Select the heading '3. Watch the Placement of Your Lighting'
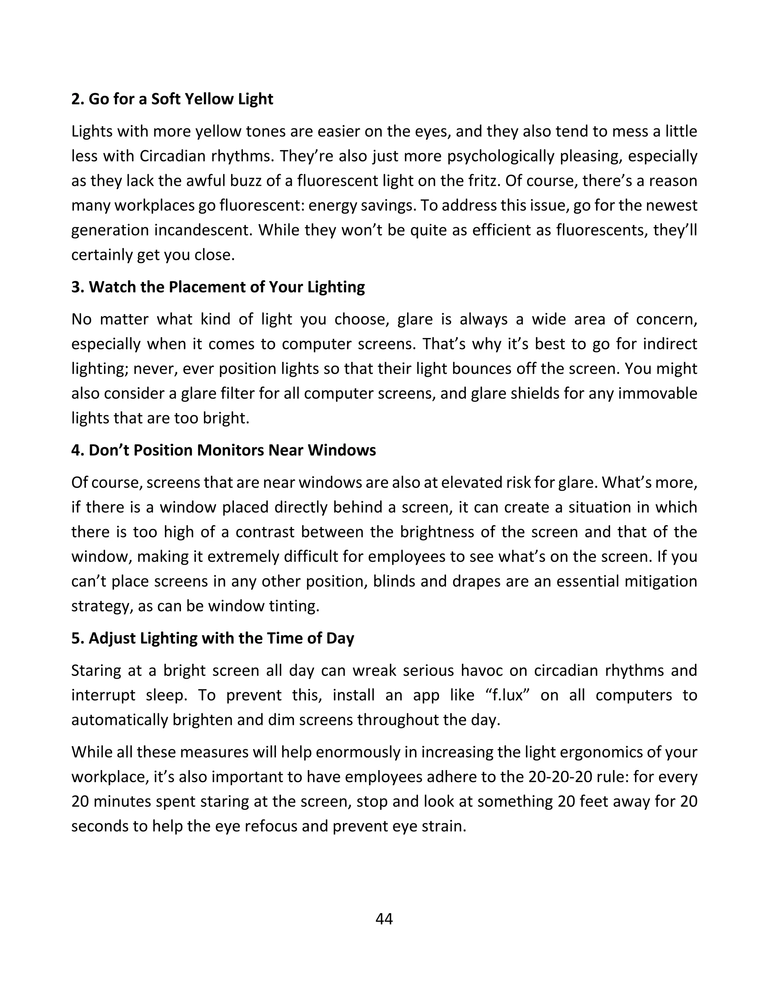(x=218, y=287)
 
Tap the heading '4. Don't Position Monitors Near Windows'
(x=223, y=450)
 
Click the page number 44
(x=384, y=919)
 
